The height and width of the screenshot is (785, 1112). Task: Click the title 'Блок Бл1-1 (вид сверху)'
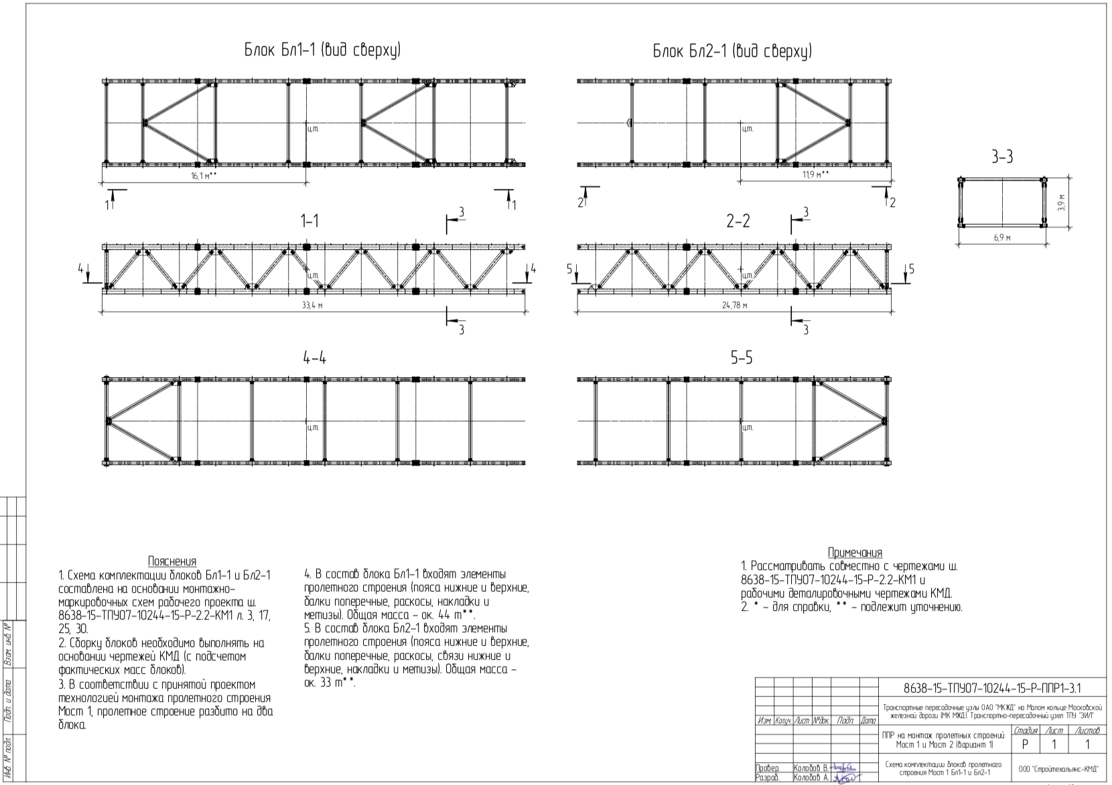pos(322,50)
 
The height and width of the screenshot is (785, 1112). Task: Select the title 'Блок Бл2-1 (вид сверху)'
pos(732,51)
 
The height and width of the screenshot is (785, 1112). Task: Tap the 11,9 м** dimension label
pos(816,174)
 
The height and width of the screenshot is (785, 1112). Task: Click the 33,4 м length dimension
pos(312,305)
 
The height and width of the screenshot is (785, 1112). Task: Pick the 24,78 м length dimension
pos(735,305)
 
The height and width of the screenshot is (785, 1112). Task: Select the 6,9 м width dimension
pos(1002,237)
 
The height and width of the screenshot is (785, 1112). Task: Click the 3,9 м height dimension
pos(1060,203)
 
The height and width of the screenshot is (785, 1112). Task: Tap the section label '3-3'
pos(1002,157)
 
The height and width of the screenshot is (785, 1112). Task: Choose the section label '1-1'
pos(309,221)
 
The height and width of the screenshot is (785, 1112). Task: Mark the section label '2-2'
pos(738,221)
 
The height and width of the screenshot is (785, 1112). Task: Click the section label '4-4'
pos(314,358)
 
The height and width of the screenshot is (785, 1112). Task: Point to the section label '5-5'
pos(742,358)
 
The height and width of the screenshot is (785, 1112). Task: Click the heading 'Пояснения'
pos(172,561)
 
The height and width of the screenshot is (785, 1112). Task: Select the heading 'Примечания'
pos(855,553)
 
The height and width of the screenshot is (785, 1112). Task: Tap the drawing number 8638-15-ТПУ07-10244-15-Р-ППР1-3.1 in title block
pos(992,688)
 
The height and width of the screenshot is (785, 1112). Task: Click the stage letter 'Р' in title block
pos(1025,744)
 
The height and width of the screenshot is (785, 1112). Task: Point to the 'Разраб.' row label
pos(767,778)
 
